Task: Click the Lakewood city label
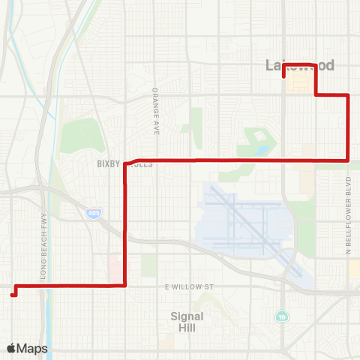pyautogui.click(x=300, y=66)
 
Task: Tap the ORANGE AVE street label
pyautogui.click(x=156, y=111)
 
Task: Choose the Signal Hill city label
pyautogui.click(x=186, y=322)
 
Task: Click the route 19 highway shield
pyautogui.click(x=280, y=316)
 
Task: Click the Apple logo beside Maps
pyautogui.click(x=12, y=348)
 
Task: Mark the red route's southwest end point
pyautogui.click(x=13, y=295)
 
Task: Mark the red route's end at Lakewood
pyautogui.click(x=283, y=76)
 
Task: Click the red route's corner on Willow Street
pyautogui.click(x=124, y=285)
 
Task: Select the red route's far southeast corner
pyautogui.click(x=348, y=159)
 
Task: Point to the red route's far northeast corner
pyautogui.click(x=348, y=94)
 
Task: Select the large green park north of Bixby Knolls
pyautogui.click(x=81, y=135)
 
